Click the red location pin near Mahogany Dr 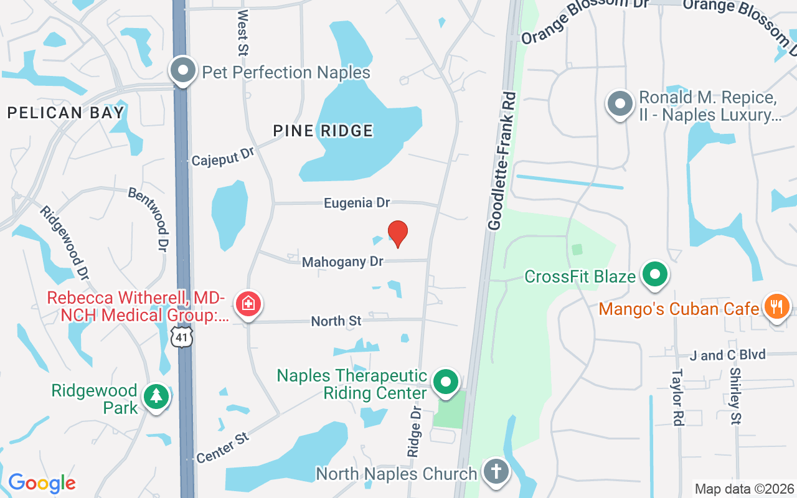point(398,233)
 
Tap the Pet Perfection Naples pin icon point(182,71)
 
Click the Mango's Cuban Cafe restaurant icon point(776,307)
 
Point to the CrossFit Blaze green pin point(654,275)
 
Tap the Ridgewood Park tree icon point(156,397)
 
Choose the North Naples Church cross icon point(496,472)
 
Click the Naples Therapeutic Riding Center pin point(445,382)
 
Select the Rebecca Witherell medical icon point(248,304)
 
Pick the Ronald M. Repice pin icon point(620,104)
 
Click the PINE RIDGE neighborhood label point(323,131)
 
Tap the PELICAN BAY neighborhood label point(65,113)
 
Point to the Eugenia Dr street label point(357,203)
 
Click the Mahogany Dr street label point(342,262)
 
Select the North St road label point(336,321)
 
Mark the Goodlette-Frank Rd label point(502,161)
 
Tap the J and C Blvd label point(727,355)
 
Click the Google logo point(42,483)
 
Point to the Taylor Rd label point(677,398)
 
